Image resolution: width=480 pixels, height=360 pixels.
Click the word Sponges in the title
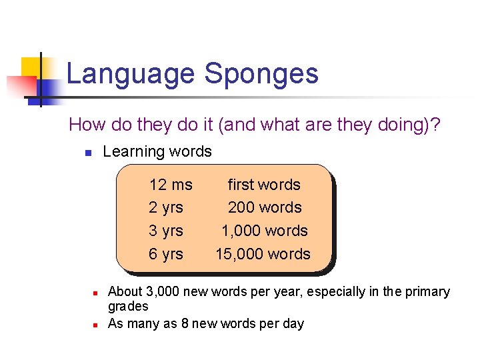pyautogui.click(x=261, y=74)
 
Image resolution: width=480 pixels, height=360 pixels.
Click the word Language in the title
pyautogui.click(x=131, y=74)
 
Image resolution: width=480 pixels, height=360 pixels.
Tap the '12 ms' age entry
pyautogui.click(x=171, y=185)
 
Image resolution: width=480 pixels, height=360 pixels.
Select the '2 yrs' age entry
pyautogui.click(x=166, y=207)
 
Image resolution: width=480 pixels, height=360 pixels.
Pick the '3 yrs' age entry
pyautogui.click(x=166, y=231)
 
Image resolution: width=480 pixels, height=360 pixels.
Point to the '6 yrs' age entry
pyautogui.click(x=166, y=254)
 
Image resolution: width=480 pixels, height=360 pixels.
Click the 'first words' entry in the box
pyautogui.click(x=264, y=185)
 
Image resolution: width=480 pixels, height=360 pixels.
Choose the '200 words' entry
pyautogui.click(x=265, y=207)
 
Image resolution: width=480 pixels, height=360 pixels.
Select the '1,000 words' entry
pyautogui.click(x=265, y=231)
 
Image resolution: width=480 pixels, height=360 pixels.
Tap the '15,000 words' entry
pyautogui.click(x=263, y=254)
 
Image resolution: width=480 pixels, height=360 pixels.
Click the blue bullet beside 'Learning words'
pyautogui.click(x=87, y=153)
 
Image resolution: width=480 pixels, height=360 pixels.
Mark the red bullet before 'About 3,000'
pyautogui.click(x=95, y=293)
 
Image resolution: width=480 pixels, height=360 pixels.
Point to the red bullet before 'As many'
pyautogui.click(x=95, y=325)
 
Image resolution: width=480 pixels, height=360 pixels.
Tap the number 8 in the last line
pyautogui.click(x=185, y=324)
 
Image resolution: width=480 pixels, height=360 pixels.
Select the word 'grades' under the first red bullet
pyautogui.click(x=128, y=307)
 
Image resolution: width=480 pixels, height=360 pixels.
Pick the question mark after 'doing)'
pyautogui.click(x=434, y=125)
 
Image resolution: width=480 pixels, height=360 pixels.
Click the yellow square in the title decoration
pyautogui.click(x=31, y=67)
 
